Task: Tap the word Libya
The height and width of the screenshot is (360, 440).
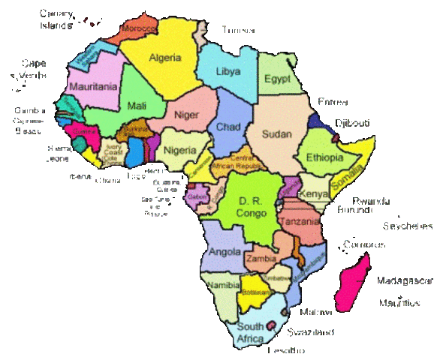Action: (x=228, y=72)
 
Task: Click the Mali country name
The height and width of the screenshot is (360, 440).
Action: (x=137, y=106)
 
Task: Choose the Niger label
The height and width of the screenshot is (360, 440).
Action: (x=185, y=115)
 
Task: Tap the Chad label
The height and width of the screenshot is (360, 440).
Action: (x=228, y=127)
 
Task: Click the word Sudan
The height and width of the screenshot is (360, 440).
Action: (x=276, y=134)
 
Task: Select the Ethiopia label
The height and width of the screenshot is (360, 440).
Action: (x=324, y=158)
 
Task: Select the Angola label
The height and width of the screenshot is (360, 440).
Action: (x=225, y=251)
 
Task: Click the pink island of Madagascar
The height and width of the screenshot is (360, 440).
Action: (x=352, y=281)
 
